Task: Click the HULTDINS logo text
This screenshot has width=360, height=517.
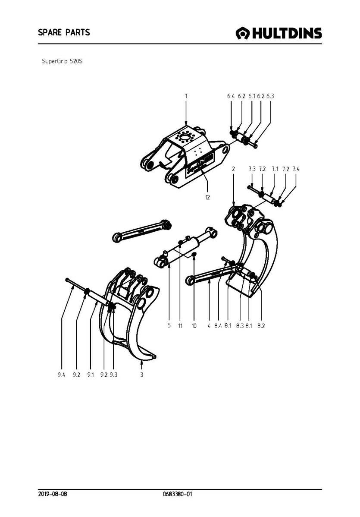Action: pyautogui.click(x=287, y=33)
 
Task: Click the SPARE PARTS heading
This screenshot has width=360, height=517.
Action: pyautogui.click(x=64, y=32)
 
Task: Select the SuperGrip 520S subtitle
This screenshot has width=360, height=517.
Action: pyautogui.click(x=62, y=61)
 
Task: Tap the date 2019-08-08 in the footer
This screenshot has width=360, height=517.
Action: pyautogui.click(x=53, y=494)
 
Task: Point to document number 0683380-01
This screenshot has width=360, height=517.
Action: pyautogui.click(x=177, y=494)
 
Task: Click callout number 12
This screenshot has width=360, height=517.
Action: pyautogui.click(x=207, y=198)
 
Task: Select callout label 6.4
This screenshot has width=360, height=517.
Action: pyautogui.click(x=231, y=96)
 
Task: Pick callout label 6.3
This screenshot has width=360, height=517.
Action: pyautogui.click(x=270, y=96)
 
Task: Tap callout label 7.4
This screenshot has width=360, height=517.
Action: pyautogui.click(x=296, y=169)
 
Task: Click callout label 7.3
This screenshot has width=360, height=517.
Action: pyautogui.click(x=252, y=169)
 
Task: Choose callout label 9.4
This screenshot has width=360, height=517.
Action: pyautogui.click(x=61, y=375)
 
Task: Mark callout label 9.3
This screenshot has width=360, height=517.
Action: pyautogui.click(x=114, y=375)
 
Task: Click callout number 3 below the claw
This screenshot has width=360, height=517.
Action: pyautogui.click(x=141, y=375)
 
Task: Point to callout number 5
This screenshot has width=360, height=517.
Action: pyautogui.click(x=169, y=325)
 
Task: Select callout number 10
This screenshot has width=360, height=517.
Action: pyautogui.click(x=194, y=326)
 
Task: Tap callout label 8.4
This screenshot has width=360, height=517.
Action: pyautogui.click(x=218, y=326)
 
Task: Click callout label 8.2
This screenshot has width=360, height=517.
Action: pyautogui.click(x=261, y=326)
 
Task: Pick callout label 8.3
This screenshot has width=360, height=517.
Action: pyautogui.click(x=240, y=326)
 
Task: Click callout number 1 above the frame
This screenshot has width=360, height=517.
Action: pyautogui.click(x=186, y=96)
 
